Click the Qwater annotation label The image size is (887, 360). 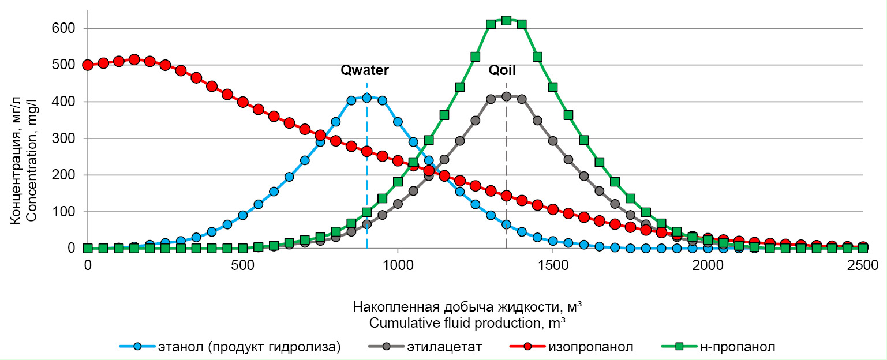click(364, 70)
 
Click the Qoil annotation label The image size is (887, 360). click(502, 70)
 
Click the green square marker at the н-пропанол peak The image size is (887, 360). click(506, 20)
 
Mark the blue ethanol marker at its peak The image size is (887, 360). click(366, 98)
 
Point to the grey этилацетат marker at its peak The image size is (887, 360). click(506, 96)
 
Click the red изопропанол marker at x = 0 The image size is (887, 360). click(88, 65)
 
